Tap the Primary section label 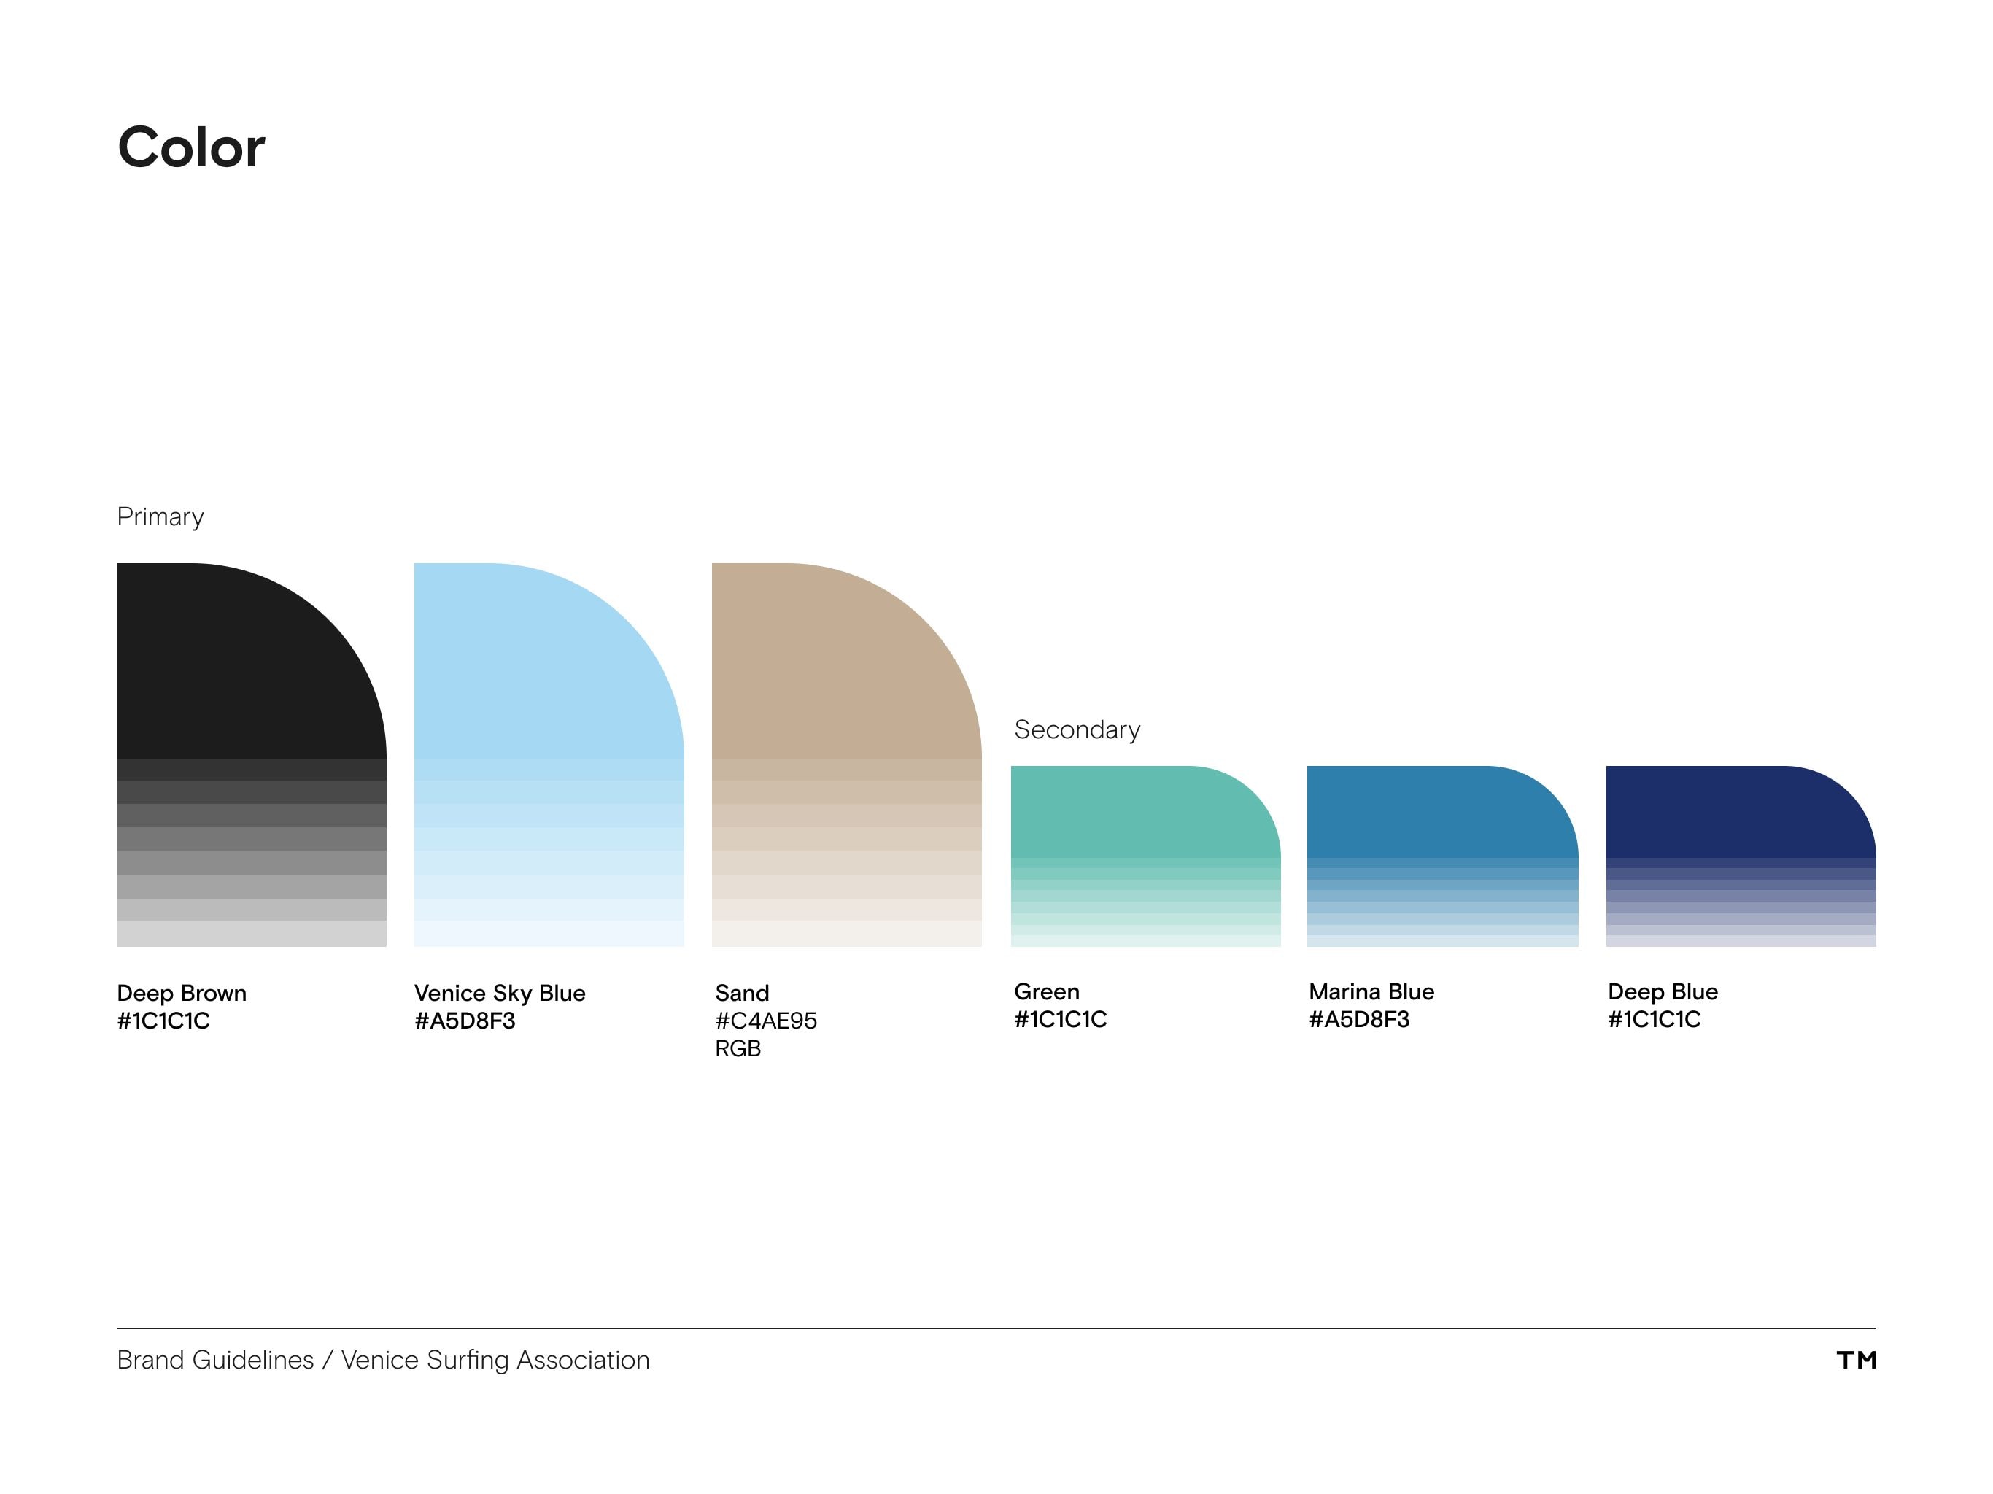(160, 516)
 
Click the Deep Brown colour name (181, 993)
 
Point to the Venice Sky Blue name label (499, 993)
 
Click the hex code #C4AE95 (765, 1021)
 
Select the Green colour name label (1046, 991)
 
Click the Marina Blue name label (1371, 991)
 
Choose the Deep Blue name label (1663, 991)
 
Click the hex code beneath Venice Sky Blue (464, 1021)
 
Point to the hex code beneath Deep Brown (163, 1021)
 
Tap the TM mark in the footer (1856, 1360)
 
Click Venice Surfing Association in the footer (495, 1360)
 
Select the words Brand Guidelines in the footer (215, 1360)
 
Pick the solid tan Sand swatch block (829, 667)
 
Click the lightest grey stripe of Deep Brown (252, 934)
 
